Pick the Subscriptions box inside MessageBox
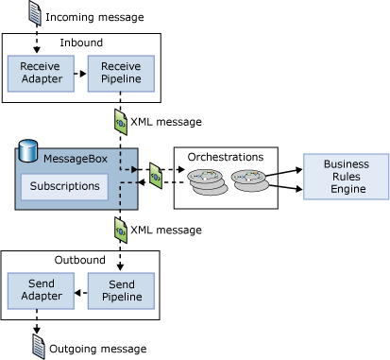(63, 186)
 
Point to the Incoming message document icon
(35, 13)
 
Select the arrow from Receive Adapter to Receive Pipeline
(79, 72)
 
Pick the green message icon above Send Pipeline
(119, 230)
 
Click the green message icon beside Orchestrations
(155, 175)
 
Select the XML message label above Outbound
(165, 231)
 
